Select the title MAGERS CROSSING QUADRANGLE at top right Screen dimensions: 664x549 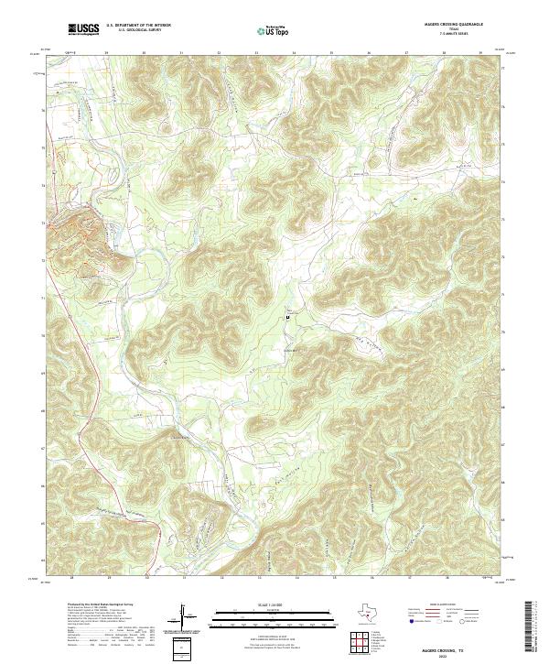point(454,25)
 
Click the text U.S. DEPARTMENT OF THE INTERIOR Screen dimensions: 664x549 point(138,26)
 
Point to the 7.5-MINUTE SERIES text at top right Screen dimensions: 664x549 point(454,35)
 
